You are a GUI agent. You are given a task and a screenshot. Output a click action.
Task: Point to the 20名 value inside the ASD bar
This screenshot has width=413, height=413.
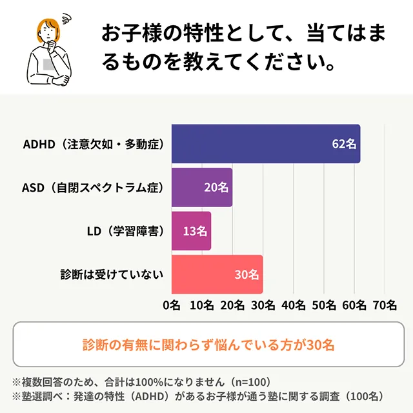[x=216, y=187]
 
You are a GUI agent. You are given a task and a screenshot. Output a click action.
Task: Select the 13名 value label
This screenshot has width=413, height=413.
[x=195, y=230]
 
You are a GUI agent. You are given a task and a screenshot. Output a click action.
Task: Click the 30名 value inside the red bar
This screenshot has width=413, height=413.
[x=247, y=274]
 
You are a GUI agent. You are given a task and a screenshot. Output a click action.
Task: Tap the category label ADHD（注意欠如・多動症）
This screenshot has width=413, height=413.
[x=93, y=144]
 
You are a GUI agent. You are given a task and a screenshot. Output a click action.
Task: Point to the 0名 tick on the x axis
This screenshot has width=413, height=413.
[x=172, y=305]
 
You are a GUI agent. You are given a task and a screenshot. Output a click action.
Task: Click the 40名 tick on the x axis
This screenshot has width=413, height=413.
[x=294, y=305]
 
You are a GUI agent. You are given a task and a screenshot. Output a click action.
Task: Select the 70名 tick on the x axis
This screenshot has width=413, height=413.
[x=385, y=305]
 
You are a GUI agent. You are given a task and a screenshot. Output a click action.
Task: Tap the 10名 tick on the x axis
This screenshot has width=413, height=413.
[x=202, y=305]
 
